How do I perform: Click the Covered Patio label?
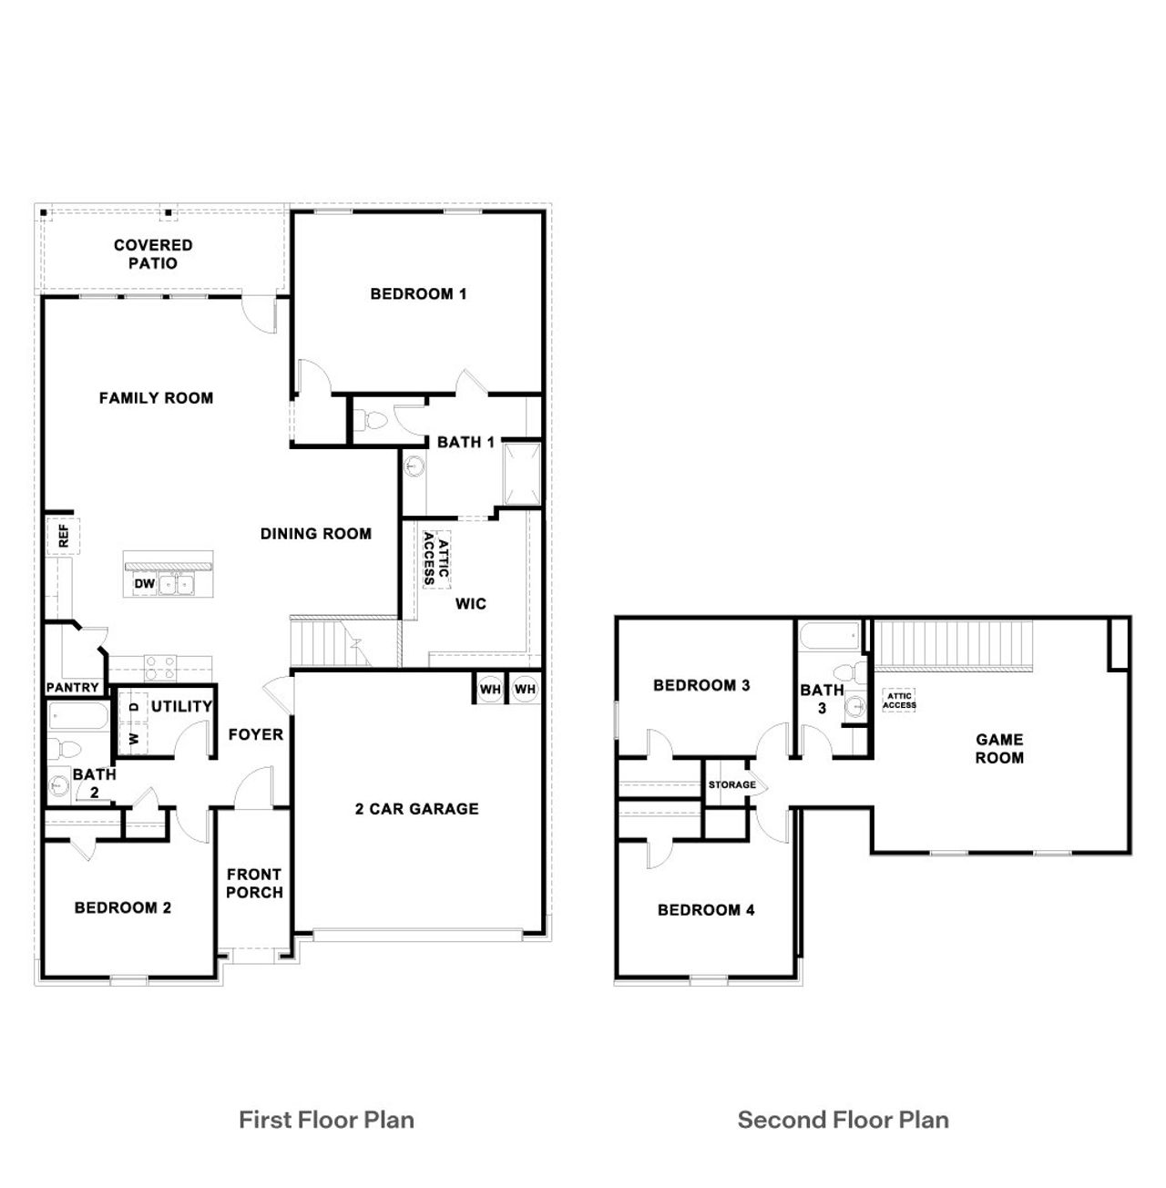point(153,254)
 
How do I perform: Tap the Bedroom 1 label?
point(418,293)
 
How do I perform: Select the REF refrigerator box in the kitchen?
point(63,535)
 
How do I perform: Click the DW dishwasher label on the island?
point(144,584)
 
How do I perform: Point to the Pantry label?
point(72,688)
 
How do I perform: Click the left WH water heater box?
point(490,690)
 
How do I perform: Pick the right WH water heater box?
point(525,690)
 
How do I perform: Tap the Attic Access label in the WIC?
point(436,558)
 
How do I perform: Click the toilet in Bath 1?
point(373,421)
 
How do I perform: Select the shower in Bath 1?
point(522,473)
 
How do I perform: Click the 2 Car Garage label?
point(416,808)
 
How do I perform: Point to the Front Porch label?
point(254,883)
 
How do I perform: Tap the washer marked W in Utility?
point(134,738)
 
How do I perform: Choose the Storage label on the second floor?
point(731,784)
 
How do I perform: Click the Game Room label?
point(999,748)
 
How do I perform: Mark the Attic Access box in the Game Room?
point(899,701)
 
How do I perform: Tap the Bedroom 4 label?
point(706,909)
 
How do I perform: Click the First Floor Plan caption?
point(326,1120)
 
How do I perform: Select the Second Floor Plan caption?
point(843,1120)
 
